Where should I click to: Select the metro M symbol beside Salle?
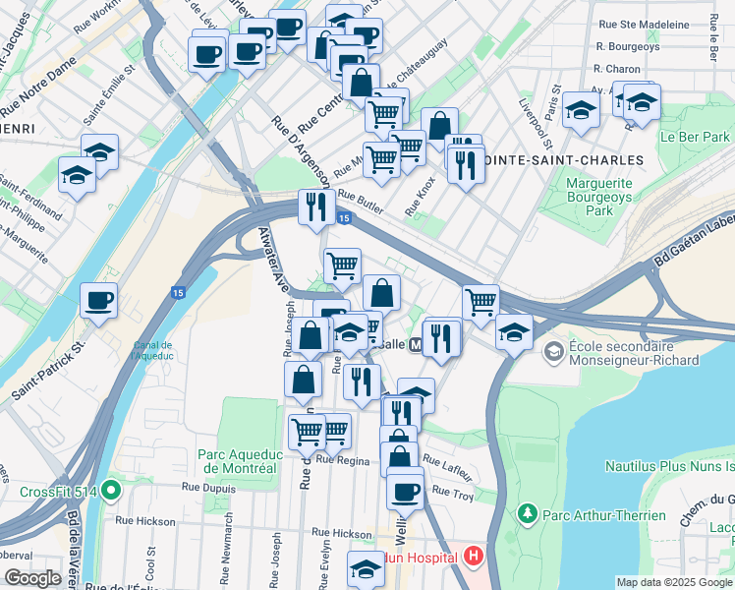416,345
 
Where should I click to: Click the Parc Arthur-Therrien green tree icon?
528,514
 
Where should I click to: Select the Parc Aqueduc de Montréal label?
241,461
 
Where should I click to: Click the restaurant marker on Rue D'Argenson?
315,207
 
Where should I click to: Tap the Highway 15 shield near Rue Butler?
343,218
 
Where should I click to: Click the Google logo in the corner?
32,578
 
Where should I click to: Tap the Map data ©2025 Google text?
673,581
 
